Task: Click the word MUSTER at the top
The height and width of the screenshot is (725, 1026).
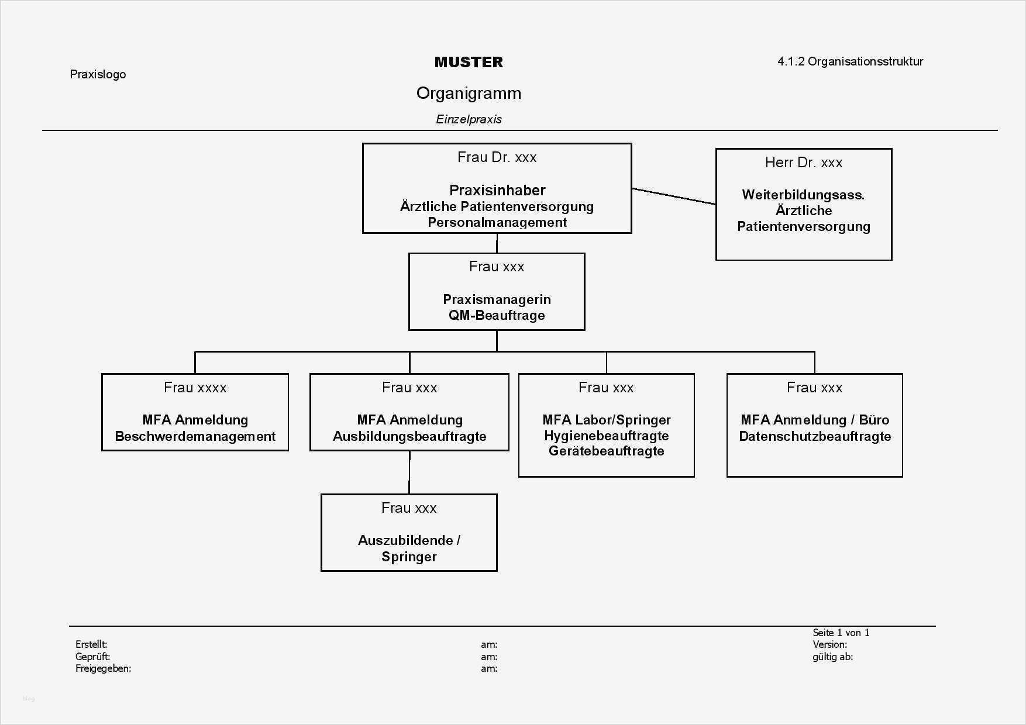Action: (x=469, y=62)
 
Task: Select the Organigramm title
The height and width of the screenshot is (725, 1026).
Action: (x=469, y=93)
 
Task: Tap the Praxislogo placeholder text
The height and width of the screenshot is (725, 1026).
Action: (x=98, y=74)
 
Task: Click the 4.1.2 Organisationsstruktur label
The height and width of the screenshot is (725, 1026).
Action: (x=850, y=61)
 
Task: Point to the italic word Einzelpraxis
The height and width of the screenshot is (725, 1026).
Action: (x=469, y=119)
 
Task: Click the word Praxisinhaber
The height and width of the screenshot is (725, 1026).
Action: (x=497, y=190)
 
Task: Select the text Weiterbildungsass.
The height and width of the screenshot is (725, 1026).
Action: (x=803, y=195)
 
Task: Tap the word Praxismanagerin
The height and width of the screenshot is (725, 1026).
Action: (x=497, y=299)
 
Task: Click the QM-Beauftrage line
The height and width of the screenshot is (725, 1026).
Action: (x=497, y=315)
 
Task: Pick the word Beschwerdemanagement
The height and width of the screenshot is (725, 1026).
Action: (x=195, y=436)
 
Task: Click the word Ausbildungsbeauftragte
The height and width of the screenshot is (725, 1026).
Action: (x=409, y=436)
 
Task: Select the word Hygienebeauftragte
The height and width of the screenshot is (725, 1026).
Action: (x=606, y=436)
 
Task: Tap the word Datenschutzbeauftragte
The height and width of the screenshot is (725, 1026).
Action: (x=814, y=436)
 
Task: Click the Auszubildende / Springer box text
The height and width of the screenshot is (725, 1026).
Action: (x=409, y=548)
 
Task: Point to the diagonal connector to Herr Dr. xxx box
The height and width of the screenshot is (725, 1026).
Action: (x=673, y=196)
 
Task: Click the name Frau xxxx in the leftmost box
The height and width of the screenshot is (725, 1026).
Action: (x=195, y=388)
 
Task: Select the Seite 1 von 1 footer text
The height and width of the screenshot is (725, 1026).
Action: (x=841, y=633)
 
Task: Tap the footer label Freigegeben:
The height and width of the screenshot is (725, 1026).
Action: (x=103, y=668)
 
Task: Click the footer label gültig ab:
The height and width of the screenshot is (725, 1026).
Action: (x=832, y=657)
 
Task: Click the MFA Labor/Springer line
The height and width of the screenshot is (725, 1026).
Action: (x=606, y=420)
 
